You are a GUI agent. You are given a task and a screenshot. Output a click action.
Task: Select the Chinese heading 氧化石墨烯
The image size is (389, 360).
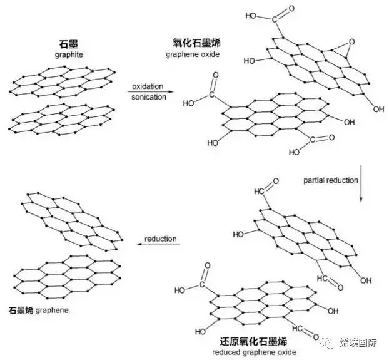pyautogui.click(x=196, y=43)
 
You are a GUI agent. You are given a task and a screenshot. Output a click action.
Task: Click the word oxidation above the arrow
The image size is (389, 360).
pyautogui.click(x=148, y=85)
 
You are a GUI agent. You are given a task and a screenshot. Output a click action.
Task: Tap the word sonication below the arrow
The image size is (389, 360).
pyautogui.click(x=149, y=97)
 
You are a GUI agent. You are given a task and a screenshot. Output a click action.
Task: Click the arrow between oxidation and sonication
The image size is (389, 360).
pyautogui.click(x=149, y=91)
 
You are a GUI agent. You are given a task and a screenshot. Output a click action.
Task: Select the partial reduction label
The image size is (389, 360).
pyautogui.click(x=331, y=180)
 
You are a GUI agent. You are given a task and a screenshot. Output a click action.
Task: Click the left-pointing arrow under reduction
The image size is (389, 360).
pyautogui.click(x=159, y=245)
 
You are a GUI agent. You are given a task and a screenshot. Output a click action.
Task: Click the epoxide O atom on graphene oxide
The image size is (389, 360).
pyautogui.click(x=351, y=42)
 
